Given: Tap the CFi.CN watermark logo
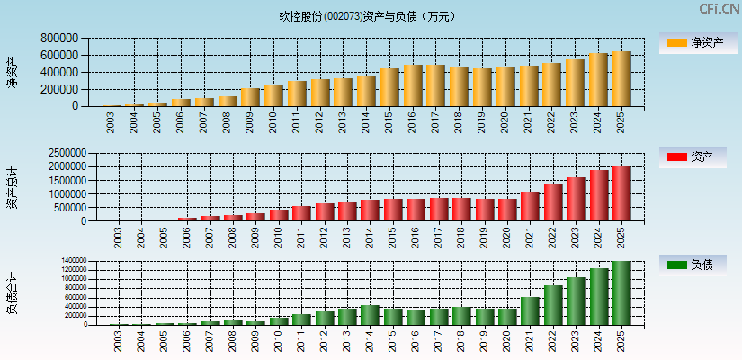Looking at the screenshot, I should [719, 9].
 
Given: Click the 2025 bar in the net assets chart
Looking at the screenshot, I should [621, 79].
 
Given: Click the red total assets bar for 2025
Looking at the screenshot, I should [621, 193].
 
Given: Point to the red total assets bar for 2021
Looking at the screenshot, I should [530, 206].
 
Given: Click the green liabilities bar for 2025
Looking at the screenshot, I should [621, 293].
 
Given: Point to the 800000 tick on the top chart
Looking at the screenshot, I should [58, 39].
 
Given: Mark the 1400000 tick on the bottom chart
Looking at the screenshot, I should [75, 261].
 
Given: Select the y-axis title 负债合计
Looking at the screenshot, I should [13, 292].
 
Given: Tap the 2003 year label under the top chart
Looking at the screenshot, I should [111, 122].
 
